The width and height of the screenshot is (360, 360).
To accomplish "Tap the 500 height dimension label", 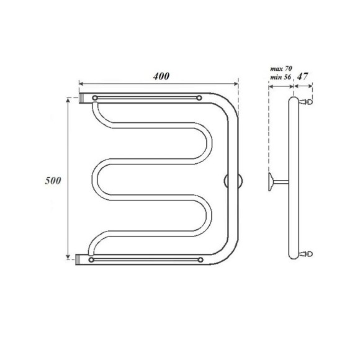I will click(x=53, y=181).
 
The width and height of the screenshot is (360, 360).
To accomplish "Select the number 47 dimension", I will click(x=303, y=76).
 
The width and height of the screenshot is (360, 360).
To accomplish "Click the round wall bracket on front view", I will click(x=233, y=181).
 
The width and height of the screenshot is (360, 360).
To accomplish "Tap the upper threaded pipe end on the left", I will click(x=83, y=98).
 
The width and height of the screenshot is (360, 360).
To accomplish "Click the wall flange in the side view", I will click(x=271, y=181).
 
